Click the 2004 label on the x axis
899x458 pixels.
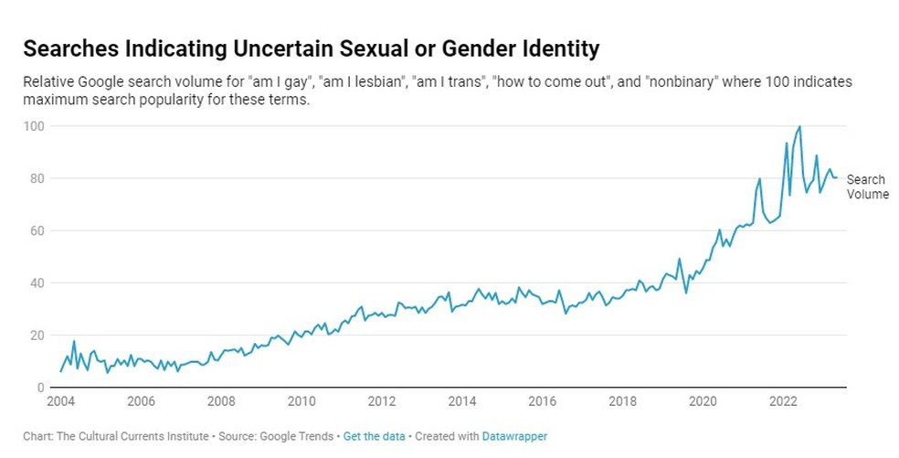60,401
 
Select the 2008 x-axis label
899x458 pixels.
221,401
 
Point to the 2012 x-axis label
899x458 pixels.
382,401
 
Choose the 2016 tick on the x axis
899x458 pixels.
543,401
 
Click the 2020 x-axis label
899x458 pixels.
703,401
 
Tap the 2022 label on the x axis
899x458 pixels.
783,401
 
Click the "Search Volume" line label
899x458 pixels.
866,186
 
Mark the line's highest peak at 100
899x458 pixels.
799,127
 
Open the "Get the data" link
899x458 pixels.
374,437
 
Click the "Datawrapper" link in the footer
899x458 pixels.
515,437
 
